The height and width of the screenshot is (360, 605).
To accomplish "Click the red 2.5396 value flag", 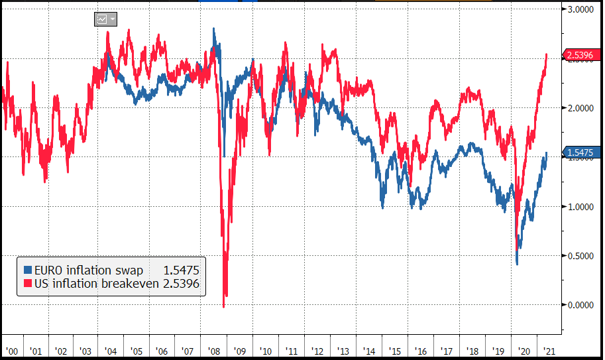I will coord(580,55).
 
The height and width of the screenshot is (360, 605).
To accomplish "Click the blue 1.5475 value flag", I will coord(580,153).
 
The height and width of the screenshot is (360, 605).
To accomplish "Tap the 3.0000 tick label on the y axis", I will coord(581,9).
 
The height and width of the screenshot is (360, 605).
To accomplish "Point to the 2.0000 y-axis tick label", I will coord(581,107).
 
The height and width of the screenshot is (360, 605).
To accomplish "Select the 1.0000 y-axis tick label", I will coord(581,206).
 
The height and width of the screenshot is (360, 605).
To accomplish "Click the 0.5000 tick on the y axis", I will coord(581,256).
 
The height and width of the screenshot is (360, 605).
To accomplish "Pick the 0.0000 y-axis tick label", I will coord(581,305).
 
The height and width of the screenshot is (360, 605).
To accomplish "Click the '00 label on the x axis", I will coord(11,350).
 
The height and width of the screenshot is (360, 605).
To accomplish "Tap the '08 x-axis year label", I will coord(213,350).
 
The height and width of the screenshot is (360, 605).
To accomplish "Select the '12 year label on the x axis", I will coord(316,350).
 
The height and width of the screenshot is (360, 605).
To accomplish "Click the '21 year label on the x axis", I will coord(549,350).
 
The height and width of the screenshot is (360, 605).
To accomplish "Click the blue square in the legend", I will coord(27,270).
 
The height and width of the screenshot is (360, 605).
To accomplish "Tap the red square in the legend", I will coord(27,284).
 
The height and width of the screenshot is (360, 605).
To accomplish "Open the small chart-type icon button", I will coord(105,19).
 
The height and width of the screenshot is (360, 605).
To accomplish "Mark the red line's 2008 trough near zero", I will coord(224,306).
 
